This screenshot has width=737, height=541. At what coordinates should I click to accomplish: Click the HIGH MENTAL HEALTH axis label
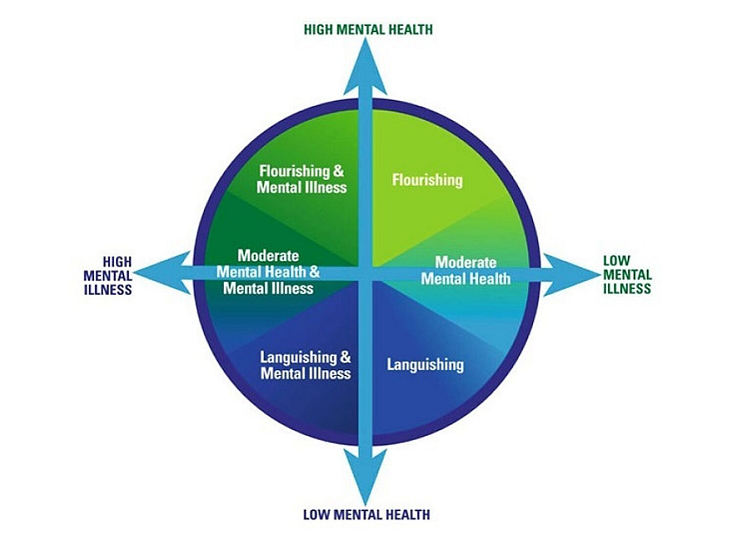[368, 29]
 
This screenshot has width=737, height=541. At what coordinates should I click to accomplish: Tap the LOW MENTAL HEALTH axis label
[366, 514]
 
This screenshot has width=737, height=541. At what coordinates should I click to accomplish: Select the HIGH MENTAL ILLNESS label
[108, 275]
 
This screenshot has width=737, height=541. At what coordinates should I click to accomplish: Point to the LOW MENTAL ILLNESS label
[627, 275]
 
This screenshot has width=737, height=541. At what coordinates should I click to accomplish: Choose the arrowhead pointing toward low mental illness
[570, 274]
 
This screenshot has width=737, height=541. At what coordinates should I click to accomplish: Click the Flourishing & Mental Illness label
[301, 179]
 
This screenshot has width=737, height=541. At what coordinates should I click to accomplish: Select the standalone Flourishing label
[427, 180]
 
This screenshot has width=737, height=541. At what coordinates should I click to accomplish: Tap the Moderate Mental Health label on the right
[465, 270]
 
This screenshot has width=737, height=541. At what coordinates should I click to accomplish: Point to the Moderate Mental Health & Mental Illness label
[268, 271]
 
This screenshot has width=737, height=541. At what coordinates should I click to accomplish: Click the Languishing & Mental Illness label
[305, 365]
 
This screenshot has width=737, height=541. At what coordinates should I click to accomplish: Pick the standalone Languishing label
[425, 364]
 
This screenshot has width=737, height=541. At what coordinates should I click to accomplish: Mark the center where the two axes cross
[365, 273]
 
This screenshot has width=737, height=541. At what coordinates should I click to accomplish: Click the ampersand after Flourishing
[339, 171]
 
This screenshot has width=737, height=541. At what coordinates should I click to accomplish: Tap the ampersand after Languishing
[345, 357]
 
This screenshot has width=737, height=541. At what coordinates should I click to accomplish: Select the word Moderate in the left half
[268, 255]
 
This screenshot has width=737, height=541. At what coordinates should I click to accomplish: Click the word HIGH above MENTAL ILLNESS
[117, 262]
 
